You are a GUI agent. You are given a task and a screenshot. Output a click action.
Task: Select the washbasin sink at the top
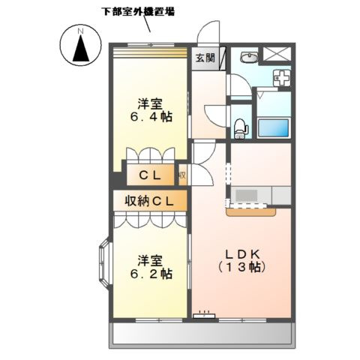tap(249, 59)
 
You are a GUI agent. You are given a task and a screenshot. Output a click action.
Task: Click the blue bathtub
tap(274, 127)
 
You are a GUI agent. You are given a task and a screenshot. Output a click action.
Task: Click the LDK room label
tap(242, 253)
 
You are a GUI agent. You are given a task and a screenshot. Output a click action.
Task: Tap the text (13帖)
tap(242, 266)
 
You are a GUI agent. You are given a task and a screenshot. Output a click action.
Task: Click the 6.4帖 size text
tap(150, 118)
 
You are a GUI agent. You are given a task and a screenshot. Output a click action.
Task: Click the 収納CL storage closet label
tap(149, 201)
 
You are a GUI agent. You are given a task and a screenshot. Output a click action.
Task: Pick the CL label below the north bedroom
tap(150, 177)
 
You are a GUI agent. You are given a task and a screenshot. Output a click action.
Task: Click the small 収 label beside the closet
tap(181, 177)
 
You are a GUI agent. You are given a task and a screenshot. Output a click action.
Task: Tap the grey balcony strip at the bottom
tap(201, 333)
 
